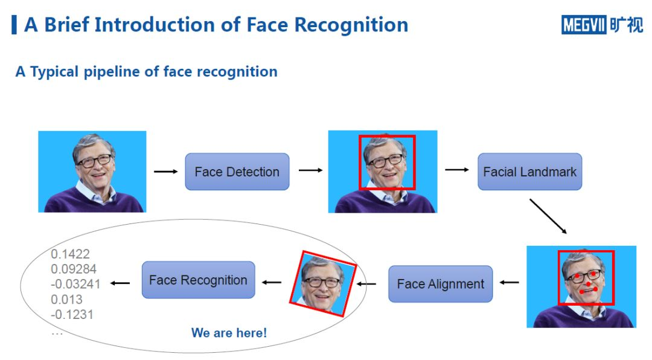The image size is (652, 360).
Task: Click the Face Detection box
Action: [x=237, y=172]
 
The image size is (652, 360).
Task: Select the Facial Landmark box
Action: [x=530, y=172]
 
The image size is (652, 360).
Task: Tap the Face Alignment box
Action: [x=440, y=284]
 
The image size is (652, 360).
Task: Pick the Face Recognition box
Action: [x=199, y=280]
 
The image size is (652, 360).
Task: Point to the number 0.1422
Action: [x=70, y=254]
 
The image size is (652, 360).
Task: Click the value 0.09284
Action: [x=74, y=269]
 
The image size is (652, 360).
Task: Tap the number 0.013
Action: [x=66, y=299]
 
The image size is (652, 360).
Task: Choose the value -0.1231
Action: [x=72, y=314]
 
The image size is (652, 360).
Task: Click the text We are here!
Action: [x=229, y=333]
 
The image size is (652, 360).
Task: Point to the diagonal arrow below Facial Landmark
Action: [x=548, y=216]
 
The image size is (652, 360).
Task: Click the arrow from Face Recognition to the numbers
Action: [x=120, y=283]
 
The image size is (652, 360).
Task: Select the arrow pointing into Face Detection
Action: [x=166, y=172]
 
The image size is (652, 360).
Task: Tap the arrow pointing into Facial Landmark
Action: [x=457, y=169]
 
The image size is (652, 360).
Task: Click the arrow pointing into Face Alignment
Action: [x=509, y=283]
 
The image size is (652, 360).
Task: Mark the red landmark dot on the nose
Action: [x=589, y=284]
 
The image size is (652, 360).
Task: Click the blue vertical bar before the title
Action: [x=14, y=25]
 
